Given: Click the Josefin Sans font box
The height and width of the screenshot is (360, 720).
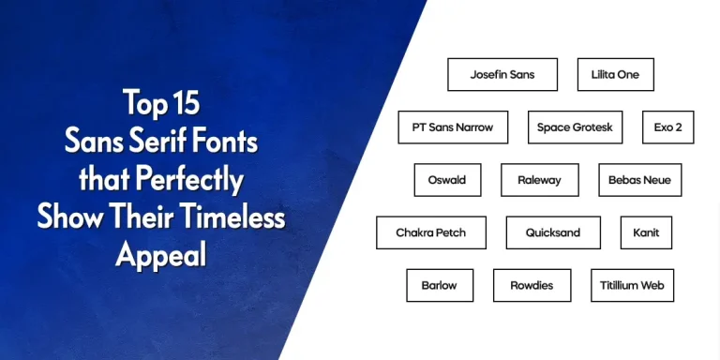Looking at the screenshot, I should point(502,74).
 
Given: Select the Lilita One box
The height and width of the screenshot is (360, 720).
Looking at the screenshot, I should point(615,74).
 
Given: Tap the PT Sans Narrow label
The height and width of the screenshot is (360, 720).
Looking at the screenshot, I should point(453,127).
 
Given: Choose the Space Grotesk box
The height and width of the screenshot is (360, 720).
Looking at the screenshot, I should point(575,127).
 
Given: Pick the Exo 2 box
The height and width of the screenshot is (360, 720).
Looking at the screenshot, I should point(667,127).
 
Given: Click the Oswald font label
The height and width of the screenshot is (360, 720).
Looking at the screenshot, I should point(447,180).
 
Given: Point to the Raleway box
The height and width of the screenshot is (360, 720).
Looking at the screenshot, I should point(538,180).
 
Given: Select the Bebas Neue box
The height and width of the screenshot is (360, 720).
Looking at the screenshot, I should point(639,180).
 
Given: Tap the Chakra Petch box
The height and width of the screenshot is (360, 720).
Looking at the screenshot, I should point(431,232).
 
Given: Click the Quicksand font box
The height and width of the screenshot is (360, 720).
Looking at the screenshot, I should point(553,232).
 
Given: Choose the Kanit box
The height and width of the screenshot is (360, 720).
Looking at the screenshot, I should point(646,232).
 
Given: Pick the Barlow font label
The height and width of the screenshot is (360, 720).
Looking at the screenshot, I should point(440,285).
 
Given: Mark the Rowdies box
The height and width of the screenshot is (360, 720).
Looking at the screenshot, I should point(532,285).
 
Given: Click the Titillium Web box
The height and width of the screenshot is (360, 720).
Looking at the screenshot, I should point(632,285).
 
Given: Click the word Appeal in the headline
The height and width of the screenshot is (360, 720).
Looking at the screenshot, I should point(160,253).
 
